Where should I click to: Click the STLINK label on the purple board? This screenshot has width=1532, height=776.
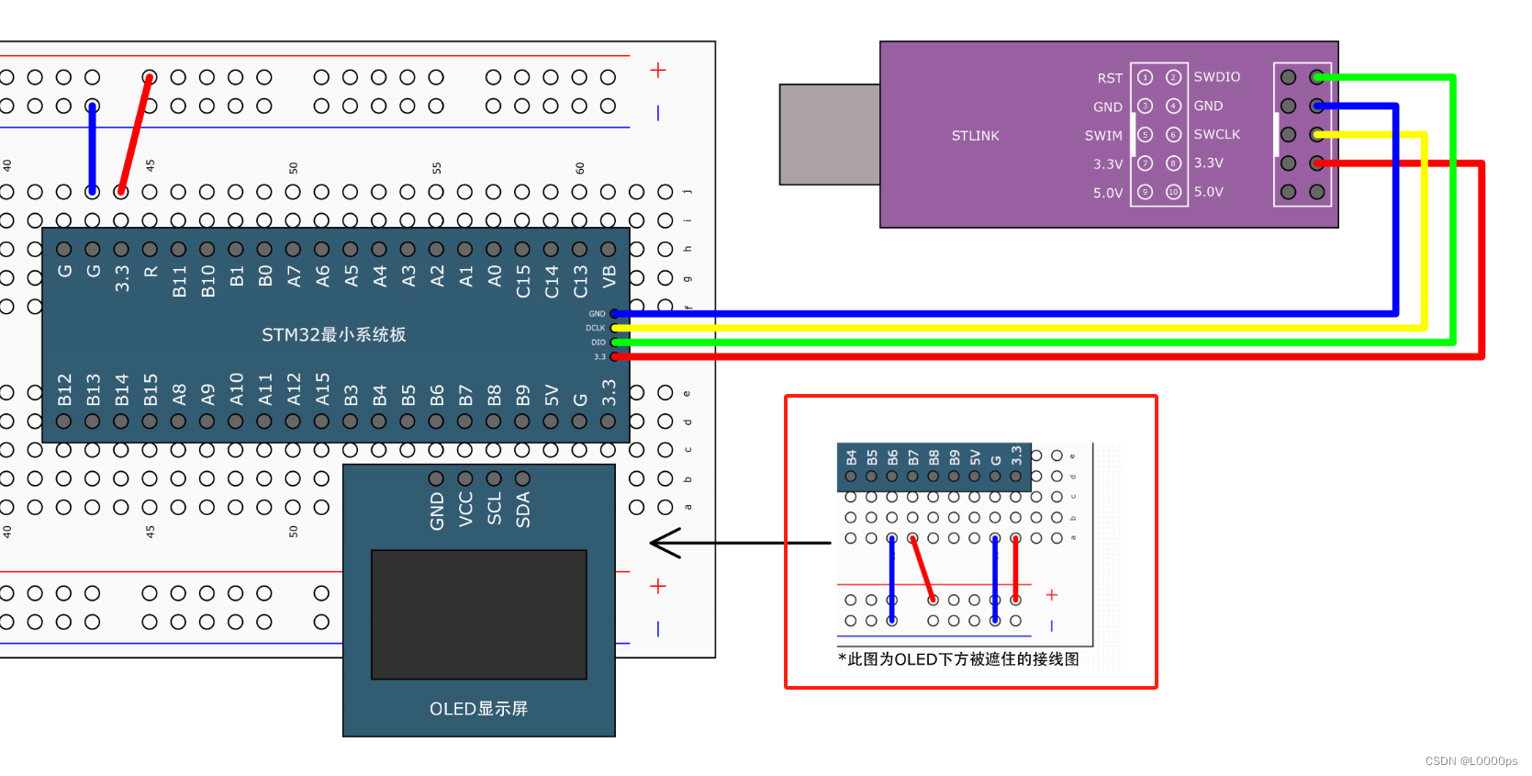click(x=975, y=136)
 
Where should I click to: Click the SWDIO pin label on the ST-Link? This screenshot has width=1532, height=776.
click(x=1216, y=77)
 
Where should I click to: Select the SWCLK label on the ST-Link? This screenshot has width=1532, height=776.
click(x=1216, y=134)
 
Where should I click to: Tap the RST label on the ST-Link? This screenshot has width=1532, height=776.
click(x=1110, y=78)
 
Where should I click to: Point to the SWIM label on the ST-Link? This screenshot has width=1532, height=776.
click(x=1103, y=136)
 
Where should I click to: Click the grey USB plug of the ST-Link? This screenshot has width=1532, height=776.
click(x=829, y=134)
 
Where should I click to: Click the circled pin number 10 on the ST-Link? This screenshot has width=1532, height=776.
click(x=1173, y=192)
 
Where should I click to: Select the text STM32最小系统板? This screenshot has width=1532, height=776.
click(x=333, y=334)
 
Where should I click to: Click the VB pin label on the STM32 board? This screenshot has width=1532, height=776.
click(x=609, y=277)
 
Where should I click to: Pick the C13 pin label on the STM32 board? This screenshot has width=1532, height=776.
click(x=580, y=282)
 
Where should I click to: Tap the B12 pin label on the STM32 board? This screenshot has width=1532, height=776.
click(x=64, y=389)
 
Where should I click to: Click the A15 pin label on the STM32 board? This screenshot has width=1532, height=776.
click(x=322, y=389)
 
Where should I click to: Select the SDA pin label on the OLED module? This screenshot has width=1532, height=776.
click(x=523, y=510)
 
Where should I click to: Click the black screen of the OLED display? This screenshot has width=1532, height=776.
click(x=478, y=614)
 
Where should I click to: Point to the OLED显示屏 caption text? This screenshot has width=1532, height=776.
click(x=478, y=708)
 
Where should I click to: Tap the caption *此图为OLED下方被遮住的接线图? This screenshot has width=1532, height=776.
click(x=958, y=659)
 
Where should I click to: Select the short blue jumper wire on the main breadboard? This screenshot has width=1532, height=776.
click(x=92, y=149)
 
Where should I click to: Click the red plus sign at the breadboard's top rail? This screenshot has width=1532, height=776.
click(x=658, y=71)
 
